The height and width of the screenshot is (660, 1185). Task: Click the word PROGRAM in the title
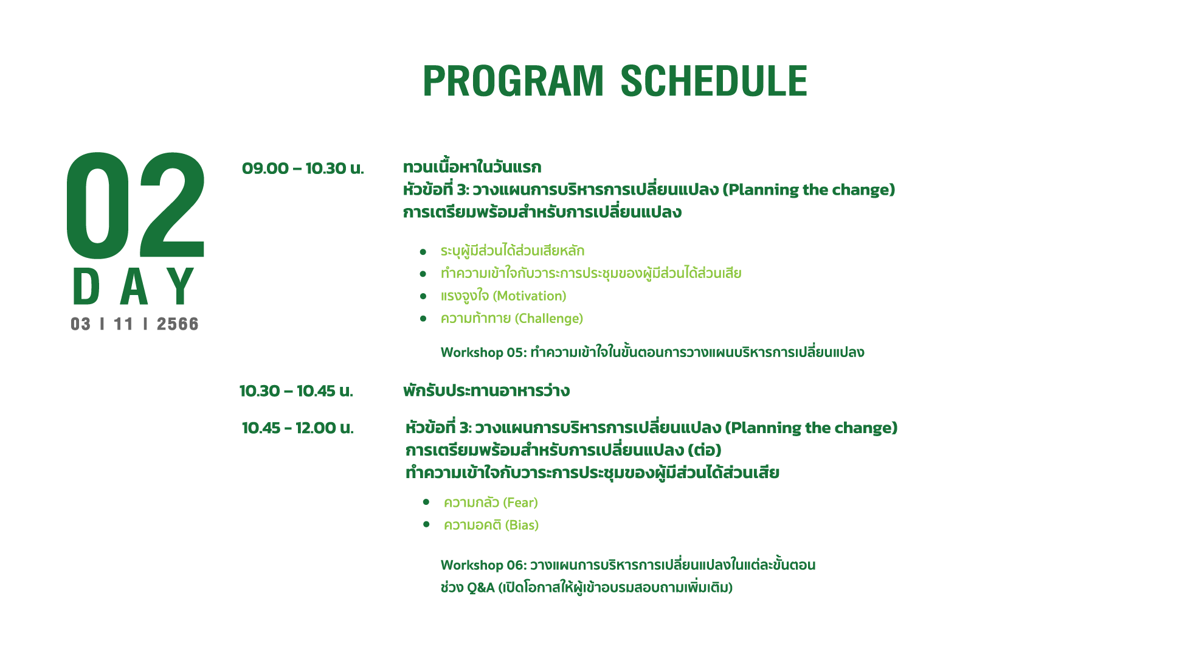coord(513,81)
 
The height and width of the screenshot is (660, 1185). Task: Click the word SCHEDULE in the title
coord(714,81)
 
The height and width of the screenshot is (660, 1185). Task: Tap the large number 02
coord(136,205)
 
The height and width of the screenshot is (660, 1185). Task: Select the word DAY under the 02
coord(134,287)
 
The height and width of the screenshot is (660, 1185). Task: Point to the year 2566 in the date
coord(178,324)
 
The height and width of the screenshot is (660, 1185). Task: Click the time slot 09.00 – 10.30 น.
coord(303,168)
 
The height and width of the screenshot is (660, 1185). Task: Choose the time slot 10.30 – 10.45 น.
coord(296,391)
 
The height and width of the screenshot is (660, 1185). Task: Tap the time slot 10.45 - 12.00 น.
coord(298,428)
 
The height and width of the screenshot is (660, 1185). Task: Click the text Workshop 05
coord(483,352)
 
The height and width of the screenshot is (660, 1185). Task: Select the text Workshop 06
coord(483,565)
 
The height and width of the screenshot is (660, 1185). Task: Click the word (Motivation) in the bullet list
coord(530,296)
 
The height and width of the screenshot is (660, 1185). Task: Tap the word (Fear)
coord(520,502)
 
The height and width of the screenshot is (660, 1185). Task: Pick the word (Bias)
coord(522,525)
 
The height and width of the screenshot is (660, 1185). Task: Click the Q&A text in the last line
coord(481,588)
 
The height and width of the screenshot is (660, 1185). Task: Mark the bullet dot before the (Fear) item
coord(426,502)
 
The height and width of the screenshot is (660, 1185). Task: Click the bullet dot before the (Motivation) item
coord(423,296)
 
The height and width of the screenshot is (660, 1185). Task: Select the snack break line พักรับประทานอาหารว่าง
coord(486,391)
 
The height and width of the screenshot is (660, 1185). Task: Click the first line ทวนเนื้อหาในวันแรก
coord(472,167)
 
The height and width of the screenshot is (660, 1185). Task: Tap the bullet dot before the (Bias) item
coord(426,524)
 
